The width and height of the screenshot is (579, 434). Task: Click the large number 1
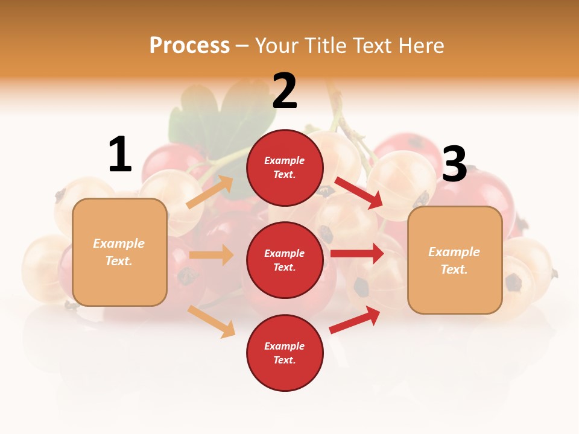click(120, 155)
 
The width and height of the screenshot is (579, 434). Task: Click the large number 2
click(285, 91)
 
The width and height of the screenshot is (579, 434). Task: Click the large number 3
click(455, 165)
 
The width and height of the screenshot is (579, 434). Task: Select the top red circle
click(285, 168)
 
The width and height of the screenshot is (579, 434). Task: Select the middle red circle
click(285, 260)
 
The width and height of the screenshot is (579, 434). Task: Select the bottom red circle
click(285, 353)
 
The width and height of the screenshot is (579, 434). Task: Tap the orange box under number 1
click(119, 252)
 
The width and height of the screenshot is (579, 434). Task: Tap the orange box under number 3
click(455, 260)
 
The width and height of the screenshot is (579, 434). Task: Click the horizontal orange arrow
click(211, 255)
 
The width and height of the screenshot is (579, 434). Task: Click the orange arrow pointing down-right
click(212, 321)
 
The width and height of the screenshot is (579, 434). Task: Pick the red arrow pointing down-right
click(359, 192)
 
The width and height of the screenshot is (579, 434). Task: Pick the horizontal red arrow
click(357, 254)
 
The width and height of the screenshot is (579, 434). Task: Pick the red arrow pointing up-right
click(355, 320)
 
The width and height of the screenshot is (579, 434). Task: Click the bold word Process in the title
click(189, 46)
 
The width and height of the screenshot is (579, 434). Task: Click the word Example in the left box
click(119, 244)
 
